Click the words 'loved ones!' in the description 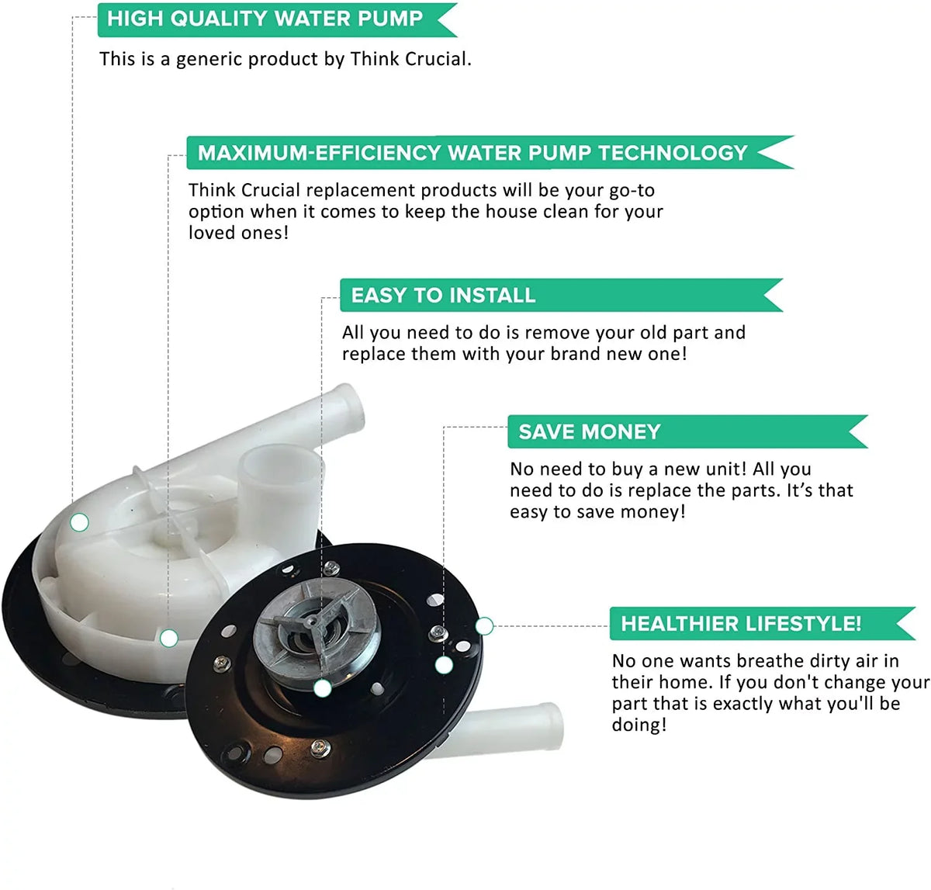[238, 233]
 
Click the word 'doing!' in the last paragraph [639, 725]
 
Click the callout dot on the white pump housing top [79, 522]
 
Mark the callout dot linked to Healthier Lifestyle [484, 626]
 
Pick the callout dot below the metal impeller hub [323, 688]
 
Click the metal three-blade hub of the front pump [317, 627]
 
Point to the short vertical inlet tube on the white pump [280, 483]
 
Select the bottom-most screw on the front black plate [320, 747]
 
